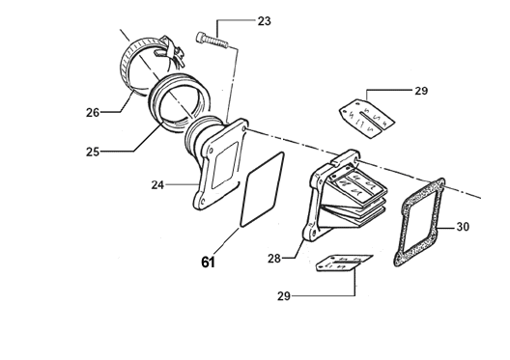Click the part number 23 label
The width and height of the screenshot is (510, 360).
click(264, 21)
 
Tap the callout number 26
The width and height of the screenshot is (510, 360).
click(93, 113)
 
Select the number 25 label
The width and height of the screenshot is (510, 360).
click(93, 152)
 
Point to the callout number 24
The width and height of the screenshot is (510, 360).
click(157, 185)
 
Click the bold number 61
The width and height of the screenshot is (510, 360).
click(209, 263)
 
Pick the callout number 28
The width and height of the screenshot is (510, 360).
click(274, 259)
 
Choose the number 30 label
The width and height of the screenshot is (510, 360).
click(463, 227)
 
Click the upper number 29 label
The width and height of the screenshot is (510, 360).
click(421, 91)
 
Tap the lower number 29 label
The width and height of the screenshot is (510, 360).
click(284, 296)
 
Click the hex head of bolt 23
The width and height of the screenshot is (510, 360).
click(201, 37)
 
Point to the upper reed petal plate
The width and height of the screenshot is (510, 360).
click(367, 119)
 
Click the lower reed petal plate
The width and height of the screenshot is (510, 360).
click(344, 263)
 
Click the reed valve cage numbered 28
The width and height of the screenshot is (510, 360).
click(345, 195)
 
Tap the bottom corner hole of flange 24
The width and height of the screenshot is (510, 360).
click(203, 202)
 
